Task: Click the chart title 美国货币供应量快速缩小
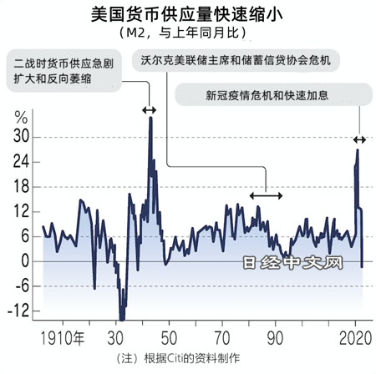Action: pos(188,14)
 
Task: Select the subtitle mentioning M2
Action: pos(188,33)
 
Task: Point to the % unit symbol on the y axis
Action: pos(21,117)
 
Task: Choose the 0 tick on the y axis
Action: pos(25,261)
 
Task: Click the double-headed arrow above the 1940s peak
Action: pos(149,110)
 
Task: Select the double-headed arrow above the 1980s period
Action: pos(267,195)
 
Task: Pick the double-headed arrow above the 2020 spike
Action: pos(359,139)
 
